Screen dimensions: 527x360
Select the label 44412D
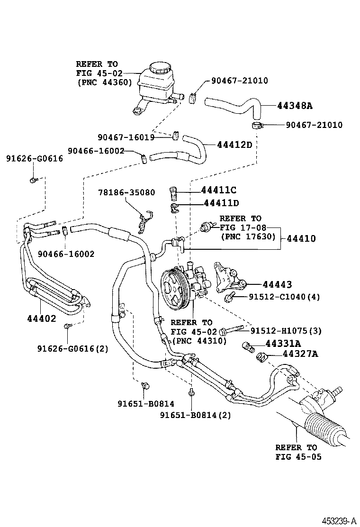pyautogui.click(x=234, y=144)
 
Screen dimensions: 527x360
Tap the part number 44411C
pyautogui.click(x=219, y=190)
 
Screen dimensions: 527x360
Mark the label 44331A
pyautogui.click(x=285, y=343)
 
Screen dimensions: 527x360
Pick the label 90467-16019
pyautogui.click(x=126, y=137)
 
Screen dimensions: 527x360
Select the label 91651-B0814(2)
pyautogui.click(x=195, y=415)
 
